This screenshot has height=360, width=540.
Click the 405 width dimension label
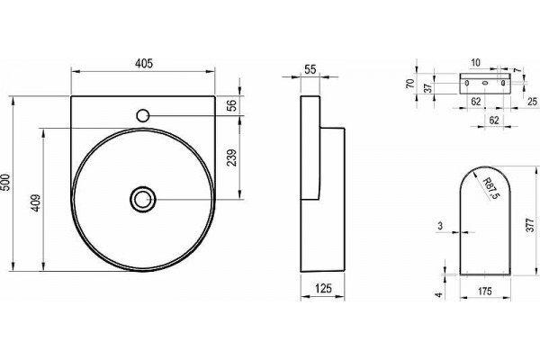(144, 63)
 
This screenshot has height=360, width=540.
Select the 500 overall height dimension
(6, 183)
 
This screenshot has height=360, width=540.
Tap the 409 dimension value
(36, 203)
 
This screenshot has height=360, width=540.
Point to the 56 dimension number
(232, 105)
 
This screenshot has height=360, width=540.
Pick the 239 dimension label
(232, 157)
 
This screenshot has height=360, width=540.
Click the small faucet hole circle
(142, 115)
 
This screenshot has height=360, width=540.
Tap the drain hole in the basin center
(143, 200)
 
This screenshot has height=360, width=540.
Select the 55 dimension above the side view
(310, 69)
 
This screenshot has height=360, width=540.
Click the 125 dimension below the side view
(323, 288)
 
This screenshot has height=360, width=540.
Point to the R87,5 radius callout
(490, 188)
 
